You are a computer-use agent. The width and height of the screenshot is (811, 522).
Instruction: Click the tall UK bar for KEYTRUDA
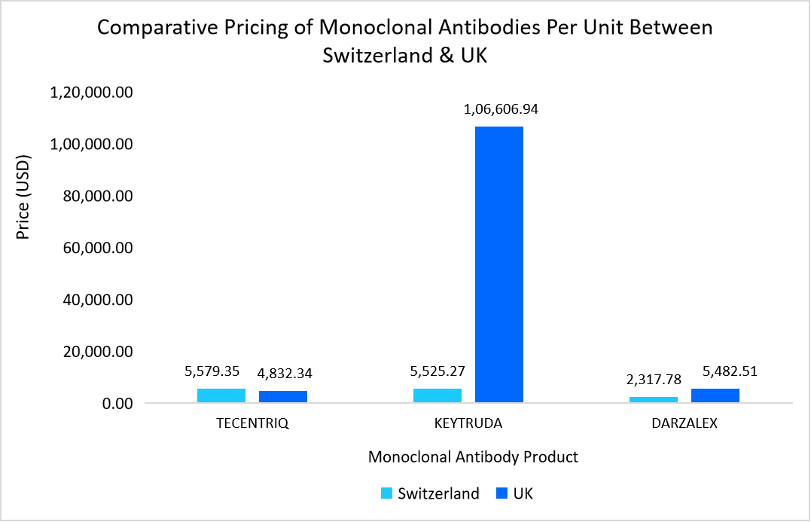coord(498,264)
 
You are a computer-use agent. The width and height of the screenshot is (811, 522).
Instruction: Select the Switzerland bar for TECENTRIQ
coord(221,395)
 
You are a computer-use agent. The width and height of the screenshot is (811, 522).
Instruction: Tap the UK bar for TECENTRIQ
coord(283,397)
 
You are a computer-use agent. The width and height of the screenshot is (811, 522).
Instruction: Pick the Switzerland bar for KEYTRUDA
coord(438,395)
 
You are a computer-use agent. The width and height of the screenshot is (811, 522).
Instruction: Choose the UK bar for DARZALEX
coord(715,395)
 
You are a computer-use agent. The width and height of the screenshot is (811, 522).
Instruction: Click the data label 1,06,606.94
coord(501,109)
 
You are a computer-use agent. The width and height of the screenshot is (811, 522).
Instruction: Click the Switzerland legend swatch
coord(387,494)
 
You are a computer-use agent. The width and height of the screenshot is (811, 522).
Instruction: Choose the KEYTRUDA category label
coord(468,423)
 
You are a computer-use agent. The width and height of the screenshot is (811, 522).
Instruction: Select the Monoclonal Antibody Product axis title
coord(473,457)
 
